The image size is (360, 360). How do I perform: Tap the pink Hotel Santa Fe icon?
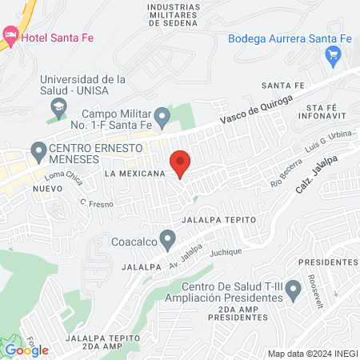click(10, 34)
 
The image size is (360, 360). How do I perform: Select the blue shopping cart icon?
click(334, 55)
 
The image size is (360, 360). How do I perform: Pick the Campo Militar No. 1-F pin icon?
click(162, 118)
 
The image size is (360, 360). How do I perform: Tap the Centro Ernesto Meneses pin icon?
click(38, 150)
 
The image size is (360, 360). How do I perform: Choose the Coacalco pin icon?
click(167, 238)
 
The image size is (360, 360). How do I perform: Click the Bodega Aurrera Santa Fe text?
click(290, 38)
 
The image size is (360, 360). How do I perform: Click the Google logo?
click(26, 350)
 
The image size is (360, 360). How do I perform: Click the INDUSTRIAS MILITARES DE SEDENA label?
click(173, 14)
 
